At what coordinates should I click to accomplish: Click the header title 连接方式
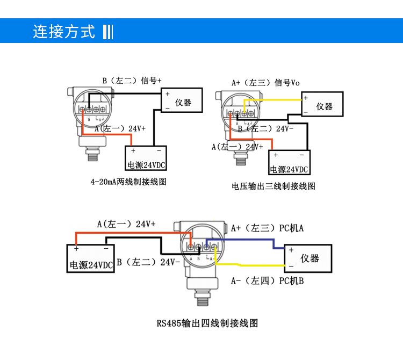(64, 32)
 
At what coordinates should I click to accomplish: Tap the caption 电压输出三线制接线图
(273, 186)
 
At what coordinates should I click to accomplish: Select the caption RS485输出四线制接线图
(207, 323)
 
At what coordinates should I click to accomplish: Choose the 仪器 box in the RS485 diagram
(308, 258)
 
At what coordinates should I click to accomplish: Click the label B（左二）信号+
(132, 81)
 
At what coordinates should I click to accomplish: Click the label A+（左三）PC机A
(267, 228)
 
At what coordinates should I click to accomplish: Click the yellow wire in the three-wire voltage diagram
(274, 100)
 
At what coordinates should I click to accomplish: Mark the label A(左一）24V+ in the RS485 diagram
(126, 224)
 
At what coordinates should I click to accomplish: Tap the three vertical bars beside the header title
(107, 32)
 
